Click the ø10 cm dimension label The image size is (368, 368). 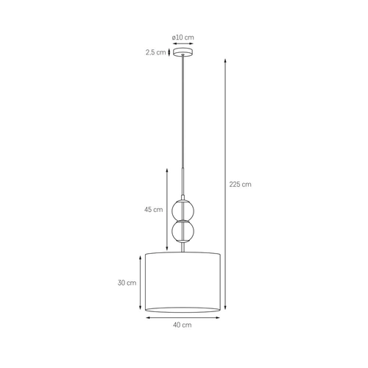182,37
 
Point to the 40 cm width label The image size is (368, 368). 183,325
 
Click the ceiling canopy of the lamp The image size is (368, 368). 183,52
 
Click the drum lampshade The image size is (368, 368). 182,281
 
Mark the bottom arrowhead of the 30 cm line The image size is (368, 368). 138,312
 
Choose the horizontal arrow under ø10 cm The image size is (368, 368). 183,43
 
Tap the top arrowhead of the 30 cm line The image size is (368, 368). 138,255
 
